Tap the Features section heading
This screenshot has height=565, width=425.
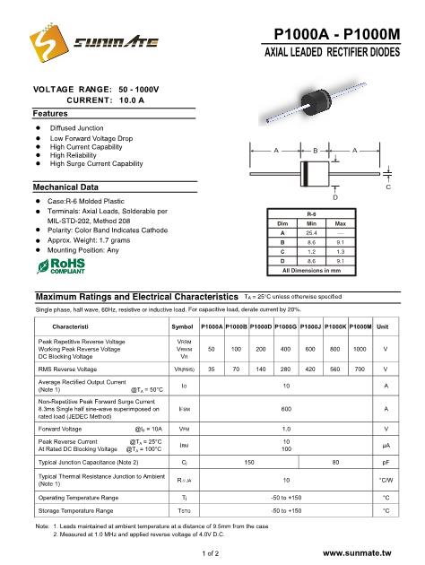click(x=51, y=114)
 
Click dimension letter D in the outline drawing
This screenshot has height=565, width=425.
click(x=334, y=196)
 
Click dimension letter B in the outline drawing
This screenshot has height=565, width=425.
click(x=316, y=149)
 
